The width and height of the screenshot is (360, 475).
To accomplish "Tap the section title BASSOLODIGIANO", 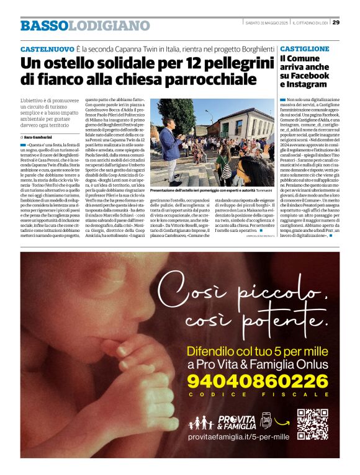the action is pos(84,25).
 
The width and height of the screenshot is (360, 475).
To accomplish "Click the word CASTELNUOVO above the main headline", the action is pos(47,49).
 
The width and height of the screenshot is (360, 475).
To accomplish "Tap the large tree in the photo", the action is pos(174,115).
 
